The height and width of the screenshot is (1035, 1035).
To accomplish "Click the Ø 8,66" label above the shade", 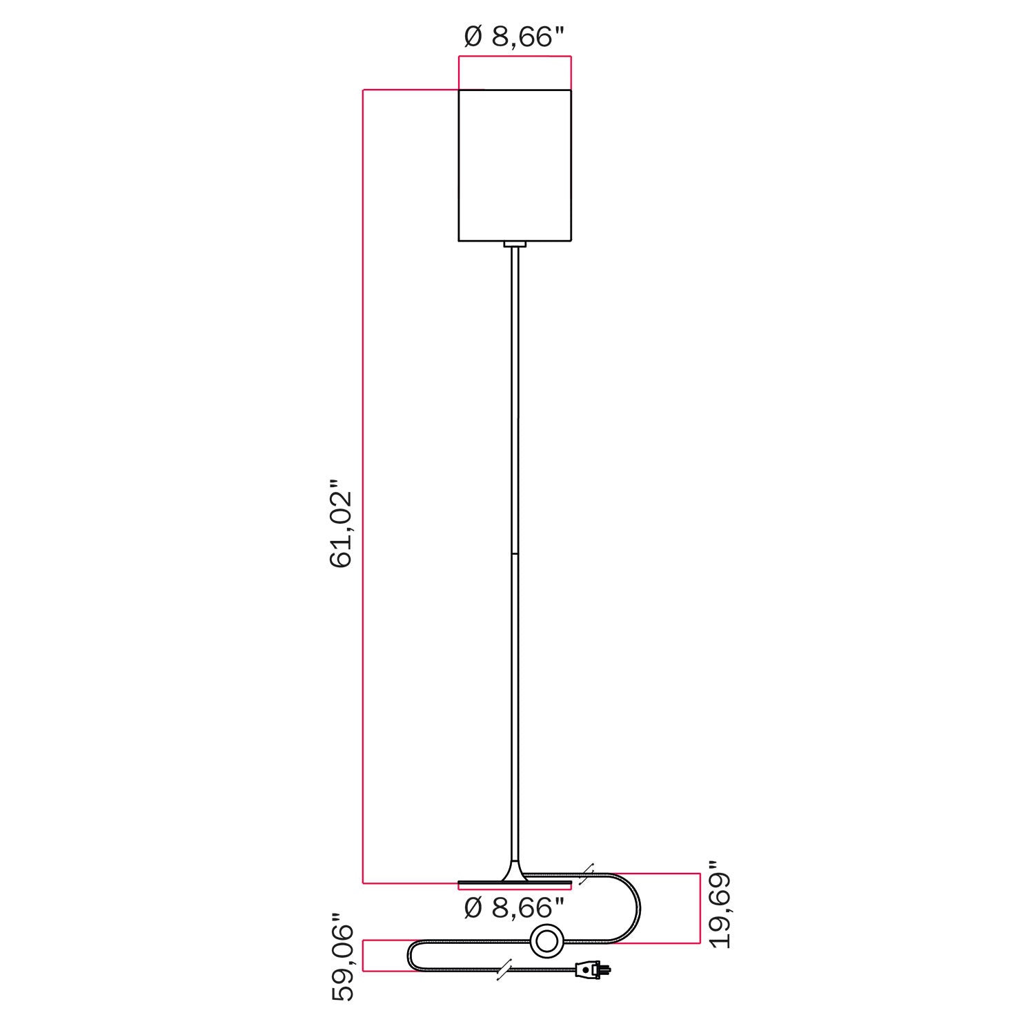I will point(515,37).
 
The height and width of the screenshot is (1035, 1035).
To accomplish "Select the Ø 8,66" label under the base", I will point(515,907).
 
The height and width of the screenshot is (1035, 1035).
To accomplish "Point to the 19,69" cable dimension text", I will point(720,904).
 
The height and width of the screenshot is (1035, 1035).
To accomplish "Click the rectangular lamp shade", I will point(515,166).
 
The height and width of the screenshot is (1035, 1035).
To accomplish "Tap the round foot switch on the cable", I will point(546,941).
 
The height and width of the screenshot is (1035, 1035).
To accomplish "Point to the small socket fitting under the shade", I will point(515,244).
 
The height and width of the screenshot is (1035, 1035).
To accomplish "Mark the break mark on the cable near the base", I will point(586,874).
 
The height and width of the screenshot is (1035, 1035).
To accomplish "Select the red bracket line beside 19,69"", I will point(700,908).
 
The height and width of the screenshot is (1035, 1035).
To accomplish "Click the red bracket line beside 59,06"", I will point(364,956).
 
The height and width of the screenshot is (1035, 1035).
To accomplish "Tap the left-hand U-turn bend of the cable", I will point(411,956).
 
